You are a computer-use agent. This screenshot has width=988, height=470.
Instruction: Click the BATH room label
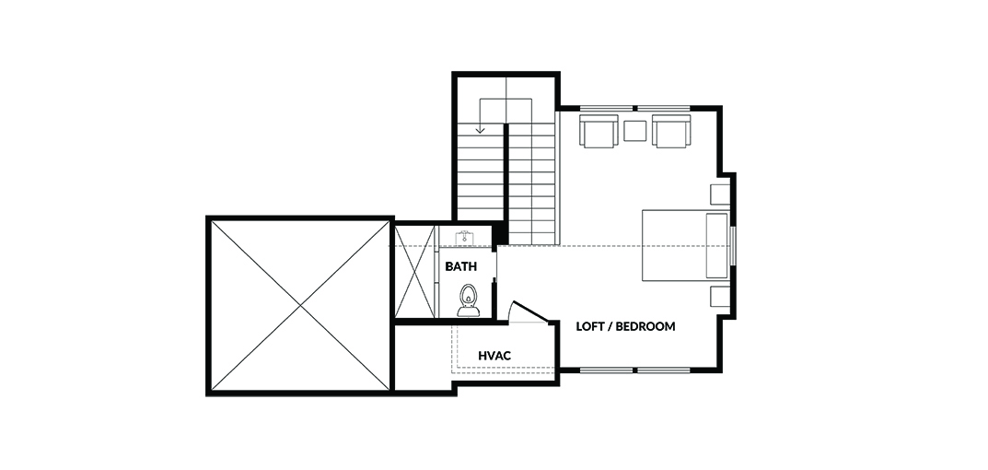tap(460, 266)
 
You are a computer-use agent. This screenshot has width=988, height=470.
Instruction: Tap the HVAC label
tap(494, 356)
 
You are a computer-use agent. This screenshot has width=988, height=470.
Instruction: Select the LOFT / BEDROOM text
tap(626, 326)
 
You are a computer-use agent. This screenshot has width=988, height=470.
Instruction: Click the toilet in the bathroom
tap(468, 300)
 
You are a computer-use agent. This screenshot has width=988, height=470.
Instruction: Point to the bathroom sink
tap(465, 237)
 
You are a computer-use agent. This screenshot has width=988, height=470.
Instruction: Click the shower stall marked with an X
tap(414, 271)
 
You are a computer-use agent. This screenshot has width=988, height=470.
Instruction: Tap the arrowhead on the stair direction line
tap(480, 130)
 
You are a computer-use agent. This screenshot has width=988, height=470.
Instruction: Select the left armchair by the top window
tap(598, 131)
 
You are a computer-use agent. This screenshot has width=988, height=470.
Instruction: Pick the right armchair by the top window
tap(671, 131)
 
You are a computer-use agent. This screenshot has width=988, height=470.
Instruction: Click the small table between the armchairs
tap(634, 131)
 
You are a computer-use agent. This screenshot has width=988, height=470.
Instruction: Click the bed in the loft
tap(686, 245)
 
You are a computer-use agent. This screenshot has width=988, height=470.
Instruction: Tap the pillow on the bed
tap(716, 245)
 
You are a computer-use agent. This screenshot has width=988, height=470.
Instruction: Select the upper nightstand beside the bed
tap(720, 194)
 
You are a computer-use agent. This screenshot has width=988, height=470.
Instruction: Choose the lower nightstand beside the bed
tap(720, 297)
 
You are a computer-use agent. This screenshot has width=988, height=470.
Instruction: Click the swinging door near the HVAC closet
tap(528, 312)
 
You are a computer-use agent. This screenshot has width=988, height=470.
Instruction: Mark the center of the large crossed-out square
tap(300, 306)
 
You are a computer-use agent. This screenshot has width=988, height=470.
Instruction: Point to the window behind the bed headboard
tap(733, 245)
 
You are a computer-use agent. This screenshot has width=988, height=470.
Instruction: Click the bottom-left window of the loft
tap(606, 370)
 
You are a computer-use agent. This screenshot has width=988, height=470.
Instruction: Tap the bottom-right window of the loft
tap(664, 370)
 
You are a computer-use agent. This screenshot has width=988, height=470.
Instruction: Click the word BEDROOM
tap(645, 326)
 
